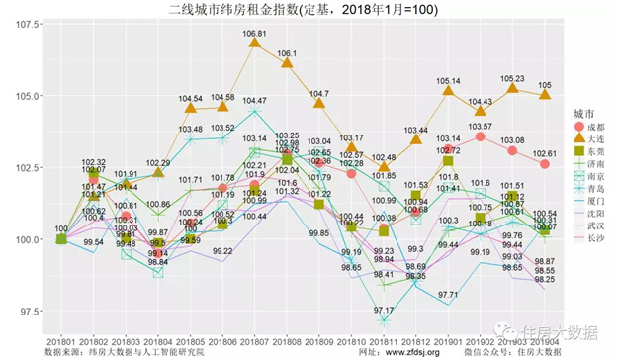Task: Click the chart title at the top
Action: tap(309, 9)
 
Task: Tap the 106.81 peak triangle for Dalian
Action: tap(255, 43)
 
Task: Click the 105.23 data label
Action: tap(512, 78)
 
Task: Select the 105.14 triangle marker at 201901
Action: tap(448, 91)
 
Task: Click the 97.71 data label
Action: tap(448, 295)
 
